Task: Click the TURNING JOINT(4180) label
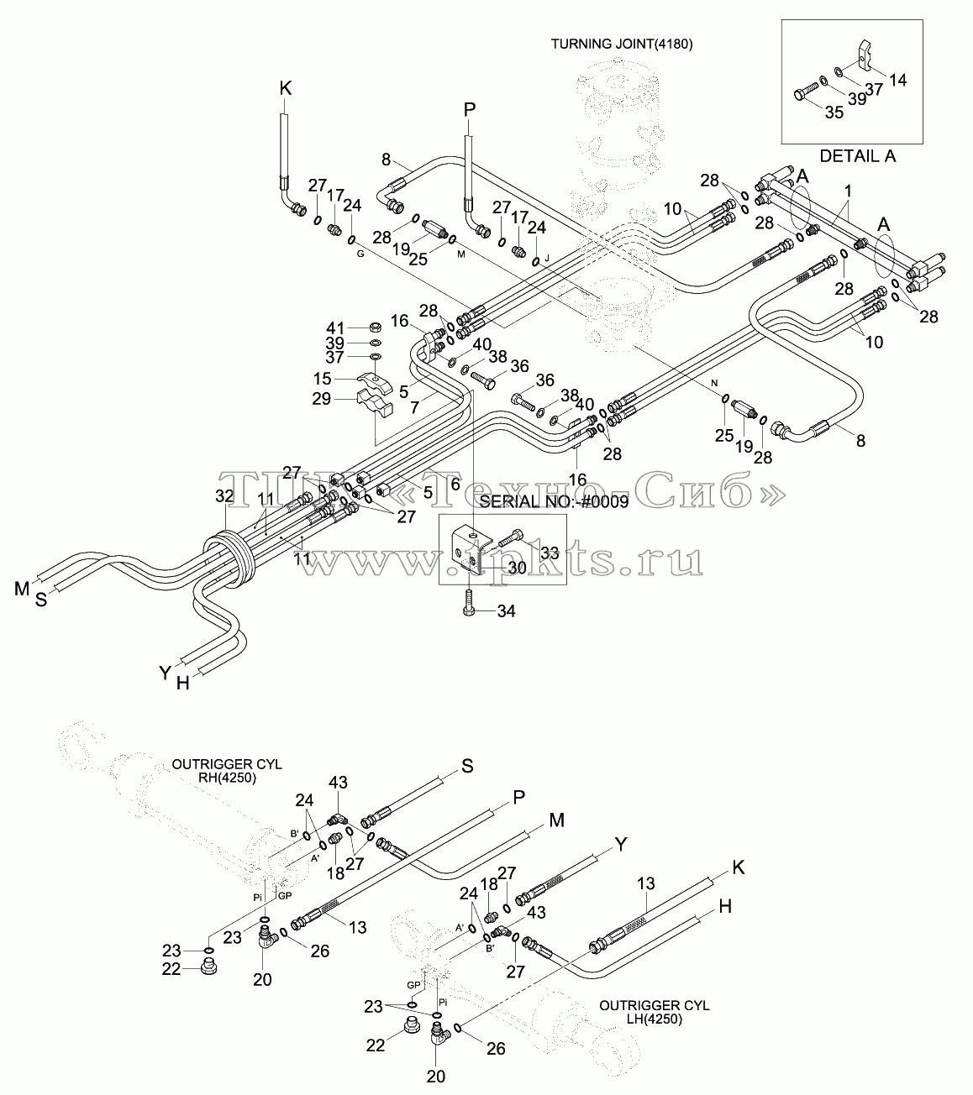pyautogui.click(x=622, y=45)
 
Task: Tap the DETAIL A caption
pyautogui.click(x=857, y=156)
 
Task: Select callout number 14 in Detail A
pyautogui.click(x=898, y=81)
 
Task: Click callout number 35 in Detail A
pyautogui.click(x=834, y=113)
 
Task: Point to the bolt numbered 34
pyautogui.click(x=467, y=601)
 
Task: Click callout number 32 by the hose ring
pyautogui.click(x=224, y=496)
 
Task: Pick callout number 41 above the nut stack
pyautogui.click(x=335, y=327)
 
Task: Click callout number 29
pyautogui.click(x=321, y=399)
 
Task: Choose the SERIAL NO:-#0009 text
pyautogui.click(x=555, y=502)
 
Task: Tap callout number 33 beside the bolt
pyautogui.click(x=550, y=553)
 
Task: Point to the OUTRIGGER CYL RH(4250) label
pyautogui.click(x=227, y=771)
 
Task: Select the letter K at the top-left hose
pyautogui.click(x=286, y=88)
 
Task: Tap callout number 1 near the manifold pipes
pyautogui.click(x=848, y=191)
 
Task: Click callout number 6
pyautogui.click(x=455, y=484)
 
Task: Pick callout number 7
pyautogui.click(x=414, y=407)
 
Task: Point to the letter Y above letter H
pyautogui.click(x=165, y=673)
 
